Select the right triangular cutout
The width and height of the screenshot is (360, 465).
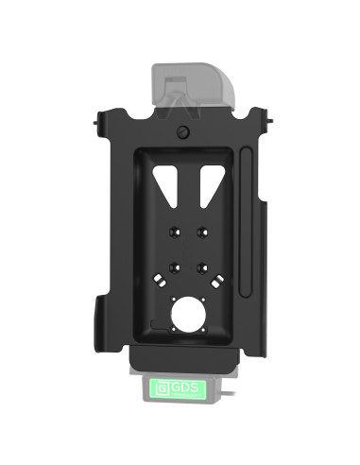pos(208,185)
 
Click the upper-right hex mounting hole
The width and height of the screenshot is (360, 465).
pos(201,232)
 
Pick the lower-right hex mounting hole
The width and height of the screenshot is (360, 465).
pos(201,267)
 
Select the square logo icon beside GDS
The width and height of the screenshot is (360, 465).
pos(161,387)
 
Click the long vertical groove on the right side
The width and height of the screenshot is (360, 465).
pos(248,227)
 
